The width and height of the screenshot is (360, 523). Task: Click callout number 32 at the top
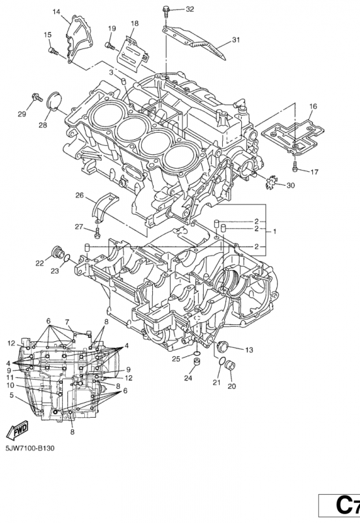(189, 9)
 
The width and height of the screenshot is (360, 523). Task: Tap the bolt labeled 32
(167, 9)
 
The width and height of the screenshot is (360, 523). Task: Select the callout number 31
(235, 40)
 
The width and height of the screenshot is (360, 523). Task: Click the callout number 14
(56, 12)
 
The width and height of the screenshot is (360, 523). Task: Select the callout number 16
(313, 106)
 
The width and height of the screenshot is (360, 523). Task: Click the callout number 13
(248, 350)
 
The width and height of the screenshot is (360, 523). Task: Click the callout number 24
(188, 379)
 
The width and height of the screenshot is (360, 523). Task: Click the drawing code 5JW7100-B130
(33, 450)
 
